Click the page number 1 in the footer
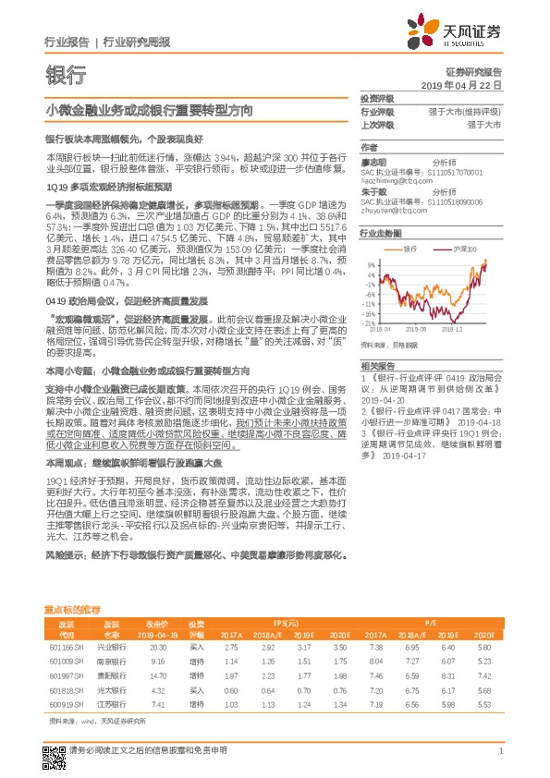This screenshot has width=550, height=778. [500, 752]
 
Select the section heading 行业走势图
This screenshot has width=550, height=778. [381, 235]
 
